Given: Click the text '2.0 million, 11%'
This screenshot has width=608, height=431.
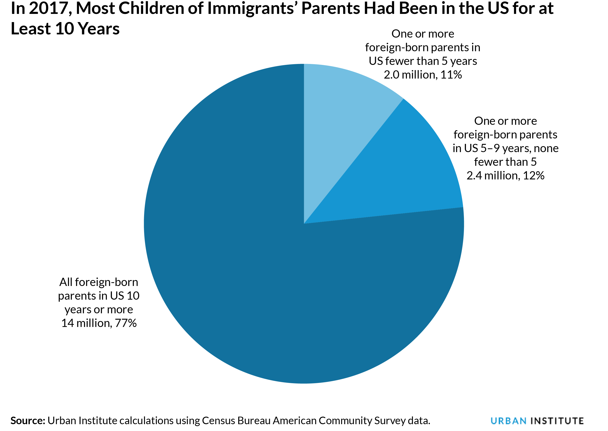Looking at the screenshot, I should pyautogui.click(x=422, y=75).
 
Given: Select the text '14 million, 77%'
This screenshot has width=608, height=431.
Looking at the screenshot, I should pyautogui.click(x=99, y=323).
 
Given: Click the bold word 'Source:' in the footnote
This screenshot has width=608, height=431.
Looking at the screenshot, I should pyautogui.click(x=28, y=421).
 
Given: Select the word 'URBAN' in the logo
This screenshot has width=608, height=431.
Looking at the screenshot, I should pyautogui.click(x=508, y=421).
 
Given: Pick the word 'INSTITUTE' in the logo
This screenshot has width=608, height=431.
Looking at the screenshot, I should pyautogui.click(x=557, y=421).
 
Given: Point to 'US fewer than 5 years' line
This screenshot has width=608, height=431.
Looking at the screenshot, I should pyautogui.click(x=422, y=61).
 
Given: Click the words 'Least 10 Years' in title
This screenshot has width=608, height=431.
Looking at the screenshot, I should pyautogui.click(x=65, y=29).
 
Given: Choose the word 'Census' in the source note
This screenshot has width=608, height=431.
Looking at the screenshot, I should pyautogui.click(x=218, y=421).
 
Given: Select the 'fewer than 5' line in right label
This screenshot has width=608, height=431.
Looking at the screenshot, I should pyautogui.click(x=505, y=162).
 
